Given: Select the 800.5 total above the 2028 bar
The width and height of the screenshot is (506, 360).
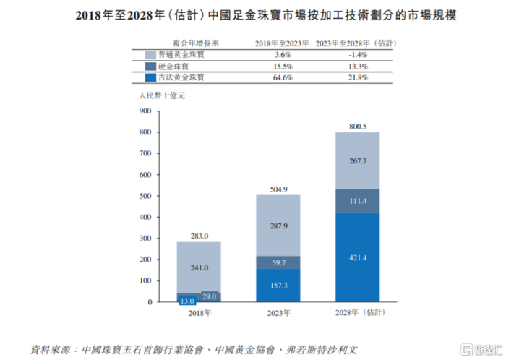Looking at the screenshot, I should click(x=357, y=125).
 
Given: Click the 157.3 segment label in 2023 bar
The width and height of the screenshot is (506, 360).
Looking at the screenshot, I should click(x=278, y=286).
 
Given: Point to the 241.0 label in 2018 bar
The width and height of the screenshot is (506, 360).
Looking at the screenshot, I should click(x=199, y=267).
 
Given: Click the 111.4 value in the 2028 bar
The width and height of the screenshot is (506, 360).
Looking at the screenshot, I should click(x=357, y=200).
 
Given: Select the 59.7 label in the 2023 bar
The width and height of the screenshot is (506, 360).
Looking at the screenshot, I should click(x=278, y=263).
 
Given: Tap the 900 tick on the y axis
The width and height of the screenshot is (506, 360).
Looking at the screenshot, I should click(x=145, y=111).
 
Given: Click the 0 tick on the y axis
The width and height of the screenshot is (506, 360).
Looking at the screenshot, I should click(x=150, y=302).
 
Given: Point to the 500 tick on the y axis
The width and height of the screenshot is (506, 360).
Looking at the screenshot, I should click(x=145, y=196).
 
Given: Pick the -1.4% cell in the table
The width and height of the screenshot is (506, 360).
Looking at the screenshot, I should click(x=356, y=54).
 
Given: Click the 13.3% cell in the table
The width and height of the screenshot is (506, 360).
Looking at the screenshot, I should click(x=356, y=66).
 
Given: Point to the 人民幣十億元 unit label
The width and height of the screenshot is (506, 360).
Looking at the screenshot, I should click(x=158, y=95).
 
